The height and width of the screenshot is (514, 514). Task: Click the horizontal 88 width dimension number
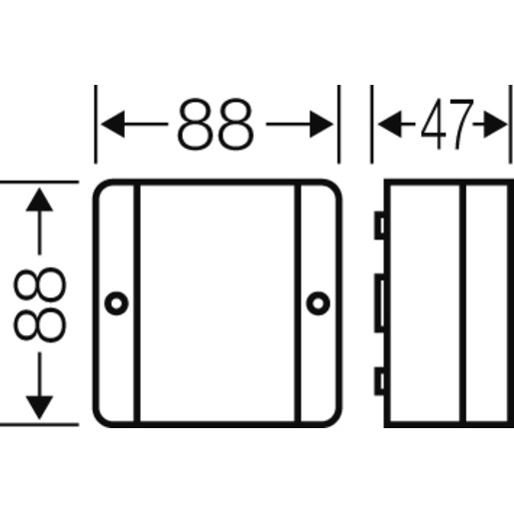tap(216, 124)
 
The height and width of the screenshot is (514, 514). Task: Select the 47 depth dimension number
tap(447, 124)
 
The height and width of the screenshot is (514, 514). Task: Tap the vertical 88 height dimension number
tap(40, 304)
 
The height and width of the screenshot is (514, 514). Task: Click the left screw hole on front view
tap(117, 303)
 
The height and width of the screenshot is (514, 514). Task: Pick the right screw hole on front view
tap(318, 303)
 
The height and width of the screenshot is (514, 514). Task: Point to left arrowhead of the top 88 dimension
tap(113, 124)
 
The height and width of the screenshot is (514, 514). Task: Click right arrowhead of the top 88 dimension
tap(321, 124)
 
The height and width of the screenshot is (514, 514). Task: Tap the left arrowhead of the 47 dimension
tap(390, 124)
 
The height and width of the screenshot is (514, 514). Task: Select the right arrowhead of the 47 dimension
tap(496, 124)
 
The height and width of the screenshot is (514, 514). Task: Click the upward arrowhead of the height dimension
tap(40, 200)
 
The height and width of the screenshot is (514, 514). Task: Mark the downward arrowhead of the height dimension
tap(40, 408)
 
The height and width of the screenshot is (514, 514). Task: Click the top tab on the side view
tap(379, 226)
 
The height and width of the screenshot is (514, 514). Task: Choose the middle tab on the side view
tap(379, 302)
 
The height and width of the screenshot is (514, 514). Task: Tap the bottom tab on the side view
tap(379, 381)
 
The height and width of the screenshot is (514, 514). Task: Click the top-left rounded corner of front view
tap(99, 186)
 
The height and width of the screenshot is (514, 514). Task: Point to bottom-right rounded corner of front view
tap(336, 421)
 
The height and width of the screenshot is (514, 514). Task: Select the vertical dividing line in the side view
tap(462, 303)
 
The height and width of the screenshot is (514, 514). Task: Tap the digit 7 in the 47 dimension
tap(461, 124)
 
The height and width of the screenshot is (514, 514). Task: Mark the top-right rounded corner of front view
tap(336, 186)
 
